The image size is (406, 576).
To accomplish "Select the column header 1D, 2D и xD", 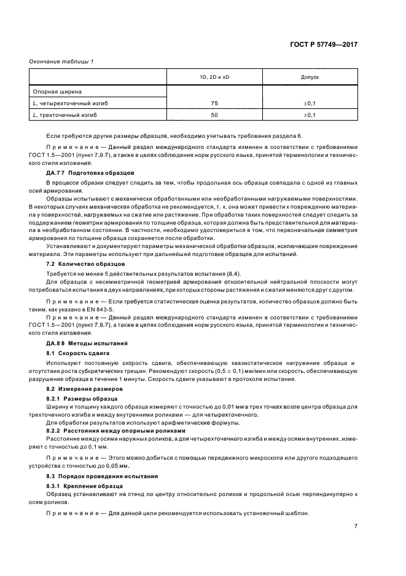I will point(214,78).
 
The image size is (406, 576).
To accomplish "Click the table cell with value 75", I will point(214,103).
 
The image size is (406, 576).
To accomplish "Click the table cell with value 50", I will point(214,115).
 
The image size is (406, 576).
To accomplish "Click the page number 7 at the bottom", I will point(356,526).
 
